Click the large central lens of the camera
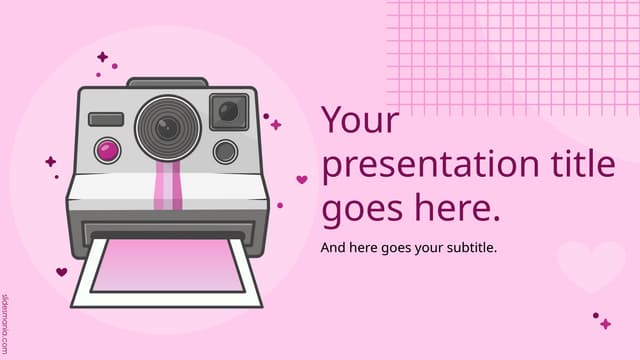coord(168,126)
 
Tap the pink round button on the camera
coord(107,151)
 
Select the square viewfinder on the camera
coord(229,110)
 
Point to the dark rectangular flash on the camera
coord(106,119)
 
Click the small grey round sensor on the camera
coord(225,151)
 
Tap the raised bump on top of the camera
coord(167,82)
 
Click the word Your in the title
coord(360,122)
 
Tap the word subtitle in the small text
coord(468,246)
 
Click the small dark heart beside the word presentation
coord(301,180)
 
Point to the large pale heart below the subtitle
coord(589,265)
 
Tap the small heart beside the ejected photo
coord(61,271)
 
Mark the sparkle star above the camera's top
coord(102,57)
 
